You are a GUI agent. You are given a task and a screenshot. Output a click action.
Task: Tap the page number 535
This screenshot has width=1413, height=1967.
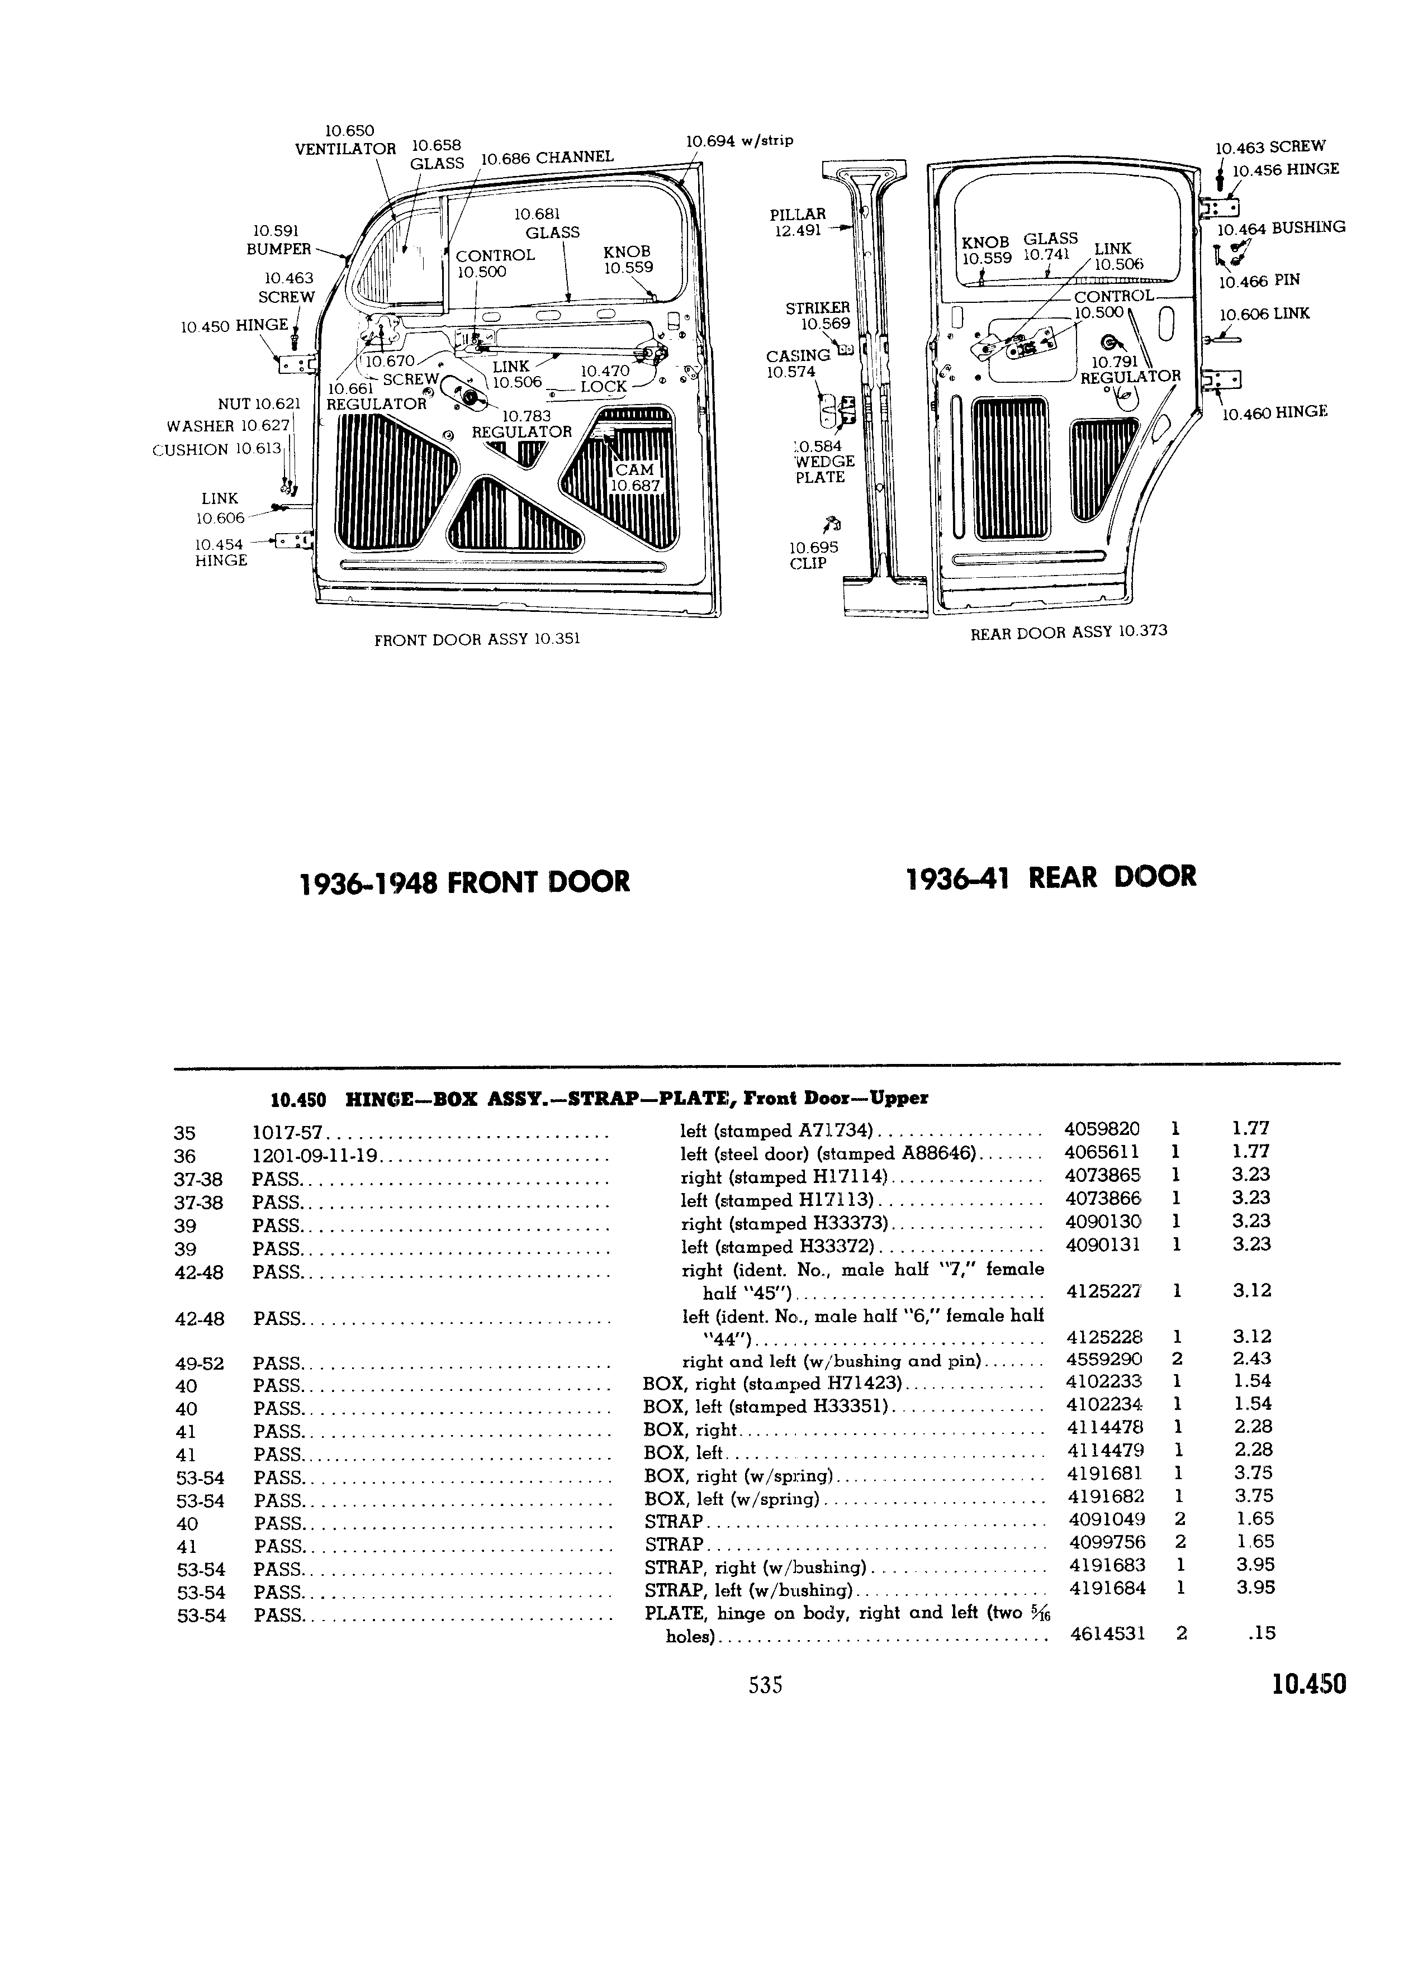(765, 1684)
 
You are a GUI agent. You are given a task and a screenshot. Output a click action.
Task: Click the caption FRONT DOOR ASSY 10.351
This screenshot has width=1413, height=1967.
(477, 639)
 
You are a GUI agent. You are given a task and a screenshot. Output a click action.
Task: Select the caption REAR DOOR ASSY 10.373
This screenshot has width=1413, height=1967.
(1069, 631)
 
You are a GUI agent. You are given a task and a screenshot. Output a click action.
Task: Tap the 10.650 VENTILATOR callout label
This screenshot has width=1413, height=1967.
(345, 140)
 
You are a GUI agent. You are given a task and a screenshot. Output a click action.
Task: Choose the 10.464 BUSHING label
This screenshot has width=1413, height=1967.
(1281, 228)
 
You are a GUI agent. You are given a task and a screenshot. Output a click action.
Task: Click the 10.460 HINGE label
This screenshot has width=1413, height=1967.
(1275, 413)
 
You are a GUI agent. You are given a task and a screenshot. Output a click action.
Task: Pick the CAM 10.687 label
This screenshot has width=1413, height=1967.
(635, 478)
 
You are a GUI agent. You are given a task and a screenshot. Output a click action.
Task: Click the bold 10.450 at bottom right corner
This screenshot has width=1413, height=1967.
(1310, 1684)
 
